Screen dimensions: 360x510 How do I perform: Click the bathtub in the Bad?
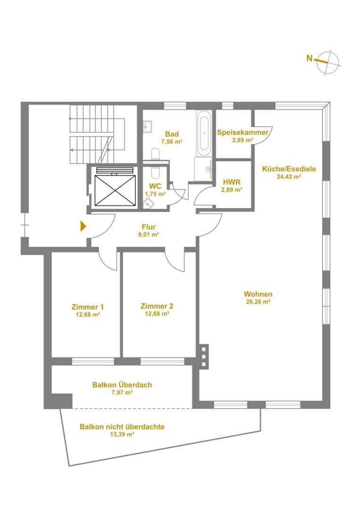click(x=204, y=134)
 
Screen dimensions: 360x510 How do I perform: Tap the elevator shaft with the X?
click(x=115, y=191)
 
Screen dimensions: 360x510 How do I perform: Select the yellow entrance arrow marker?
click(x=84, y=226)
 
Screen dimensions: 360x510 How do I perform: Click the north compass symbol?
click(x=327, y=62)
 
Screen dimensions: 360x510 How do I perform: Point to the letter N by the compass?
click(x=310, y=58)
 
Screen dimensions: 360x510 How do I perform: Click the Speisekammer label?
click(x=243, y=132)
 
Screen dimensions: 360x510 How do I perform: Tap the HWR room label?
click(x=232, y=182)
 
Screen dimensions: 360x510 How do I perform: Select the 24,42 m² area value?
click(x=289, y=177)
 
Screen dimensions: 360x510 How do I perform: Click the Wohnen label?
click(x=258, y=294)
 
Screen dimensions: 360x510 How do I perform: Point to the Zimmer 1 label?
click(x=88, y=307)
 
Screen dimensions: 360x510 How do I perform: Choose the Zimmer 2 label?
click(x=157, y=306)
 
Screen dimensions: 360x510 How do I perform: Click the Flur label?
click(x=149, y=227)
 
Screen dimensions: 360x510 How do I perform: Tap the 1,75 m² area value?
click(x=155, y=194)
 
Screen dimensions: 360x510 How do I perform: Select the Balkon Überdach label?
click(x=122, y=385)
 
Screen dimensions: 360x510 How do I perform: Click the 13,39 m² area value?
click(x=122, y=434)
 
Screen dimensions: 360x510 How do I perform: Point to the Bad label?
click(x=172, y=134)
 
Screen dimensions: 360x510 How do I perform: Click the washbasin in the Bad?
click(x=148, y=126)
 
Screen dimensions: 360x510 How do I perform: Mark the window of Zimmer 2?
click(x=162, y=361)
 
